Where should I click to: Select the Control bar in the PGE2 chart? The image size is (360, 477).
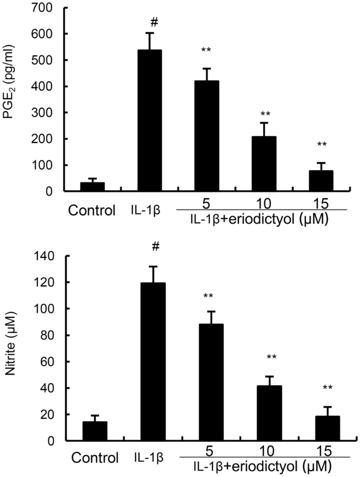pos(92,187)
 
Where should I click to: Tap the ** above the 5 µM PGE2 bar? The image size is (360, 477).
pos(207,51)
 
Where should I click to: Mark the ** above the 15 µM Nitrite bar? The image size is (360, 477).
pos(327,389)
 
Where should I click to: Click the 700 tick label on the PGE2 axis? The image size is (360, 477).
pos(45,8)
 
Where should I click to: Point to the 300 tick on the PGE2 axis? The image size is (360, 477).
pos(45,113)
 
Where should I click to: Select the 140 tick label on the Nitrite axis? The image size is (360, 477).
pos(45,256)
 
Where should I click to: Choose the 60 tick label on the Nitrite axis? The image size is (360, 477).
pos(48,362)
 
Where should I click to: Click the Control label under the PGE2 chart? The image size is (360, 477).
pos(92,211)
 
